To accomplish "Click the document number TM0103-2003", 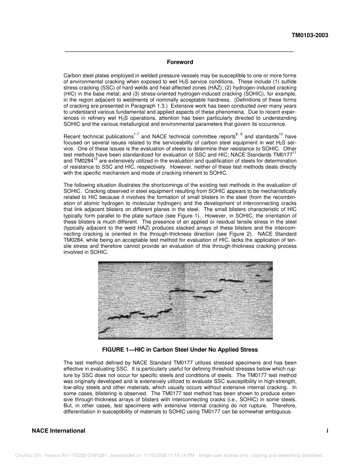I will coord(310,36).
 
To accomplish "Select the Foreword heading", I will coord(180,62).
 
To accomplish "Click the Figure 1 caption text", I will coord(180,350).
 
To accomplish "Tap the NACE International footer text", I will coord(58,431).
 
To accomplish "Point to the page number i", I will coord(327,431).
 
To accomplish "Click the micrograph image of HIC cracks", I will coord(185,300).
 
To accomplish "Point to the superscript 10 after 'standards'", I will coord(281,134).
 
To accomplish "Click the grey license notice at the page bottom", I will coord(169,455).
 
